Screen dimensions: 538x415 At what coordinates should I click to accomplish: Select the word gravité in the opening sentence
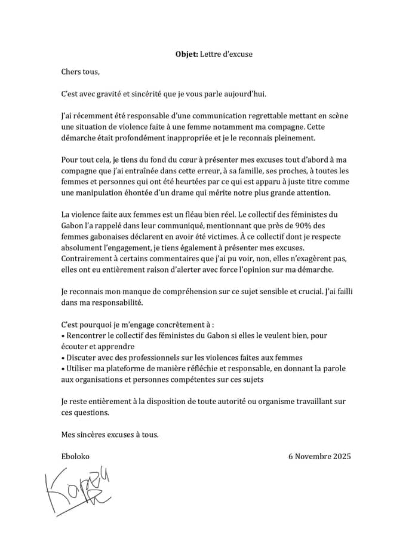tap(112, 94)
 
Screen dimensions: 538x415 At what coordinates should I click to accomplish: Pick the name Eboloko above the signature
tap(75, 456)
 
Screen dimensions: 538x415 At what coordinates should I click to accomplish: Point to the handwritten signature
tap(78, 487)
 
